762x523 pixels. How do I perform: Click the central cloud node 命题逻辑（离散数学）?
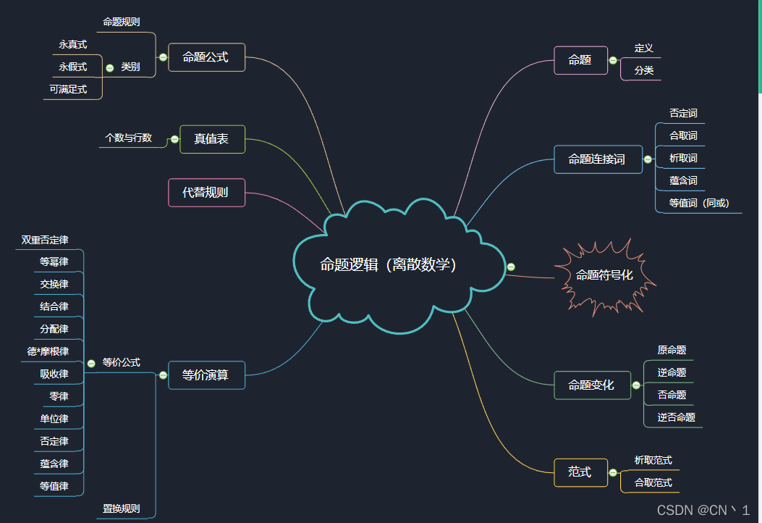point(389,265)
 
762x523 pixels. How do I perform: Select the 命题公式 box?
point(206,57)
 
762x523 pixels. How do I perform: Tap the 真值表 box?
point(211,139)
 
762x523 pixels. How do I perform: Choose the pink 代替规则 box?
point(206,193)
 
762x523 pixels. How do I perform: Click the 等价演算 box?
point(206,375)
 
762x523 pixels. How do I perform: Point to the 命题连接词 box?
point(597,159)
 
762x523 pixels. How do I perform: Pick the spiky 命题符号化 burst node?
point(604,275)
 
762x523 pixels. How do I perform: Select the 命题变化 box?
point(591,385)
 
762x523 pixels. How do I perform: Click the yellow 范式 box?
point(580,472)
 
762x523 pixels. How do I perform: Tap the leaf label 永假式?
point(73,67)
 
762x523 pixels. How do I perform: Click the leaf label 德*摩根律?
point(48,351)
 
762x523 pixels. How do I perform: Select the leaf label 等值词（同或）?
point(698,203)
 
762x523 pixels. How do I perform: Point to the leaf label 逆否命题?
point(676,417)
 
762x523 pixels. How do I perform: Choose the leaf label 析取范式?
point(653,460)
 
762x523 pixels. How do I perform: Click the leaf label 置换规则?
point(121,509)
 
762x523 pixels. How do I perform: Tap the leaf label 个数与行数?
point(129,138)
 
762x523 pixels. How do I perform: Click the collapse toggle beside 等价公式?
point(91,364)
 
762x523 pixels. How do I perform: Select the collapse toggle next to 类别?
point(109,67)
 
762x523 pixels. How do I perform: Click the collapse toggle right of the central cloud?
point(511,267)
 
